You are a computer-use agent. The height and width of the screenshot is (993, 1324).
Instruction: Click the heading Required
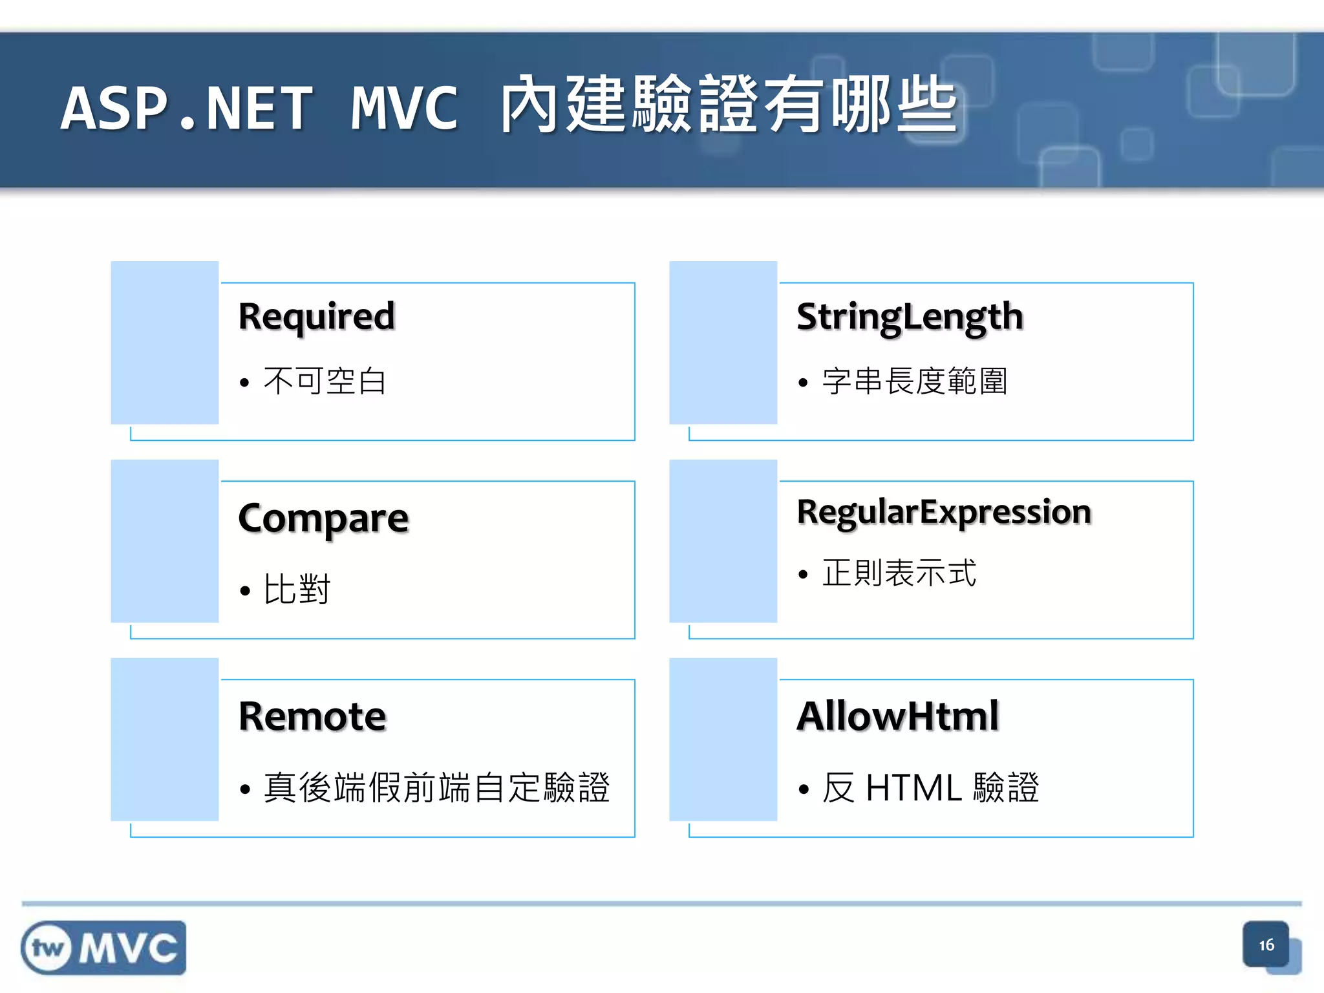[x=316, y=317]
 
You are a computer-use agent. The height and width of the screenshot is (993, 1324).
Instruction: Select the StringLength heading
[x=910, y=317]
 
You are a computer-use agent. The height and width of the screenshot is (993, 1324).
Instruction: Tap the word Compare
[x=323, y=518]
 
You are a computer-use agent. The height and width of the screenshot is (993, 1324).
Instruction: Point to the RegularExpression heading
[x=944, y=512]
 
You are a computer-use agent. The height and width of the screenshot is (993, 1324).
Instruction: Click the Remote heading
[x=312, y=716]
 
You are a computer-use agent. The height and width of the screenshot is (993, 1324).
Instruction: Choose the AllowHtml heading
[x=898, y=716]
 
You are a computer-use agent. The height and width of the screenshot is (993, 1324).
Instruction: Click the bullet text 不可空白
[x=325, y=381]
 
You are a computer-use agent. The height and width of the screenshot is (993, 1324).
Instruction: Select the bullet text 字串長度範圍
[x=915, y=381]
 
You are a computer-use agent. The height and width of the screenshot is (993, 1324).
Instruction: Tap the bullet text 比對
[x=297, y=589]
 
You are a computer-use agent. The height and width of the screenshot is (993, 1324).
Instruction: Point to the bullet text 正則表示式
[x=899, y=573]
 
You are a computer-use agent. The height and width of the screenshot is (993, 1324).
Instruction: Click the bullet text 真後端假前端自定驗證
[x=436, y=787]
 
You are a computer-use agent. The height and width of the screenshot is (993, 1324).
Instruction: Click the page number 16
[x=1266, y=945]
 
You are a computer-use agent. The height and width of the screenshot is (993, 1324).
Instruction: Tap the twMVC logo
[x=103, y=948]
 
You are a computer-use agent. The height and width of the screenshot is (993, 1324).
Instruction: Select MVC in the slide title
[x=405, y=109]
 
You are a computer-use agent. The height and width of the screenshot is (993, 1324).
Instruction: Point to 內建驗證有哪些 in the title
[x=728, y=105]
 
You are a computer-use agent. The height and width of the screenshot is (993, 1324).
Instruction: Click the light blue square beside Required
[x=165, y=343]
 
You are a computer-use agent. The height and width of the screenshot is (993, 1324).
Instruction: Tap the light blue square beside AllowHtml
[x=723, y=739]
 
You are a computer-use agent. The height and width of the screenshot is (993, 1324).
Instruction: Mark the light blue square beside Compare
[x=165, y=541]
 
